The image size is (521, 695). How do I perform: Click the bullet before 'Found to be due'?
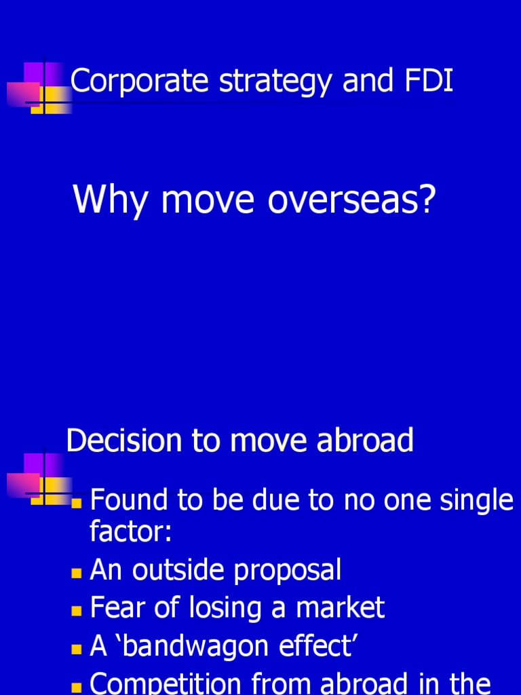point(77,504)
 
